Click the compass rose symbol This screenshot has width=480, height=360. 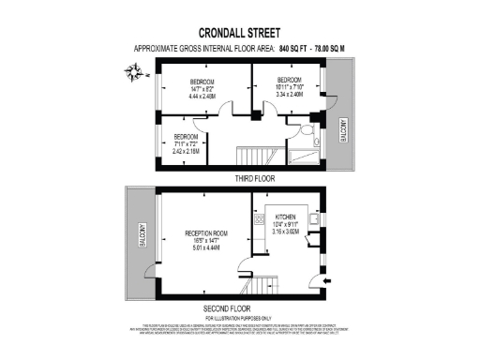[133, 69]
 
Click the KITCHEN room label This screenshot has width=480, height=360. [285, 217]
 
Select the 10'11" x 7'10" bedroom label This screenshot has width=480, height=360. [288, 85]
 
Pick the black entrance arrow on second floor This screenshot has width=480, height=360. [323, 278]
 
